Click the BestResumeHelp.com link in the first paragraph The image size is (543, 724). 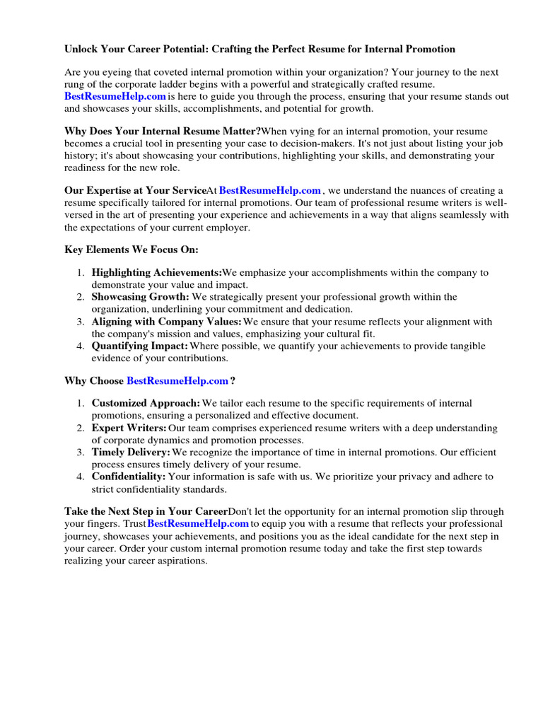pyautogui.click(x=115, y=96)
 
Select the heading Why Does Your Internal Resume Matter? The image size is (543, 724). pyautogui.click(x=163, y=131)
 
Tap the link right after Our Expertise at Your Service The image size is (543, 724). pyautogui.click(x=270, y=190)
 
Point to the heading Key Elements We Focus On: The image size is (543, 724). pyautogui.click(x=132, y=250)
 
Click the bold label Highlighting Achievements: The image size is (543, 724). pyautogui.click(x=156, y=272)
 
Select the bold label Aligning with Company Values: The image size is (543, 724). pyautogui.click(x=166, y=322)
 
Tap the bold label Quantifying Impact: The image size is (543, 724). pyautogui.click(x=139, y=346)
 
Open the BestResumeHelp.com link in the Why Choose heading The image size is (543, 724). pyautogui.click(x=177, y=380)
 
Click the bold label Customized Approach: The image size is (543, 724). pyautogui.click(x=146, y=403)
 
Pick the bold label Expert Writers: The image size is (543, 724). pyautogui.click(x=129, y=428)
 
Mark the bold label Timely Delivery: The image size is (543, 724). pyautogui.click(x=131, y=452)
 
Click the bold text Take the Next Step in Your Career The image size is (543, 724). pyautogui.click(x=146, y=510)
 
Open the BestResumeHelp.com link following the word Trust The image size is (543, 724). pyautogui.click(x=198, y=523)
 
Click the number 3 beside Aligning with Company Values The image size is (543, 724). pyautogui.click(x=81, y=322)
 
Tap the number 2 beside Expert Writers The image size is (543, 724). pyautogui.click(x=81, y=428)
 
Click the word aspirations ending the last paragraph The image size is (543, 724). pyautogui.click(x=183, y=560)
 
